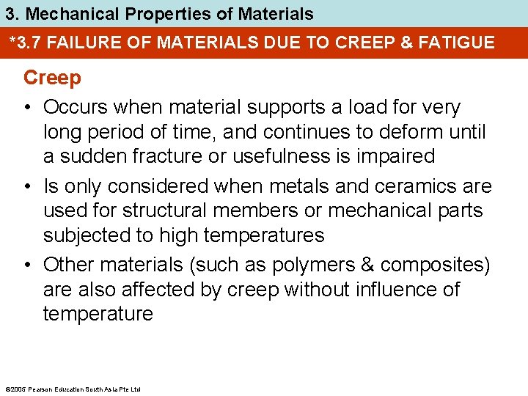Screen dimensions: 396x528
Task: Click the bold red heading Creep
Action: [x=52, y=78]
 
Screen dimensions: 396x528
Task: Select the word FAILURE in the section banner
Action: [x=81, y=43]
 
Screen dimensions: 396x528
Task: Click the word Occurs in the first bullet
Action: [x=76, y=107]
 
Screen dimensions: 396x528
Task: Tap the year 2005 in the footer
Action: [x=15, y=389]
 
